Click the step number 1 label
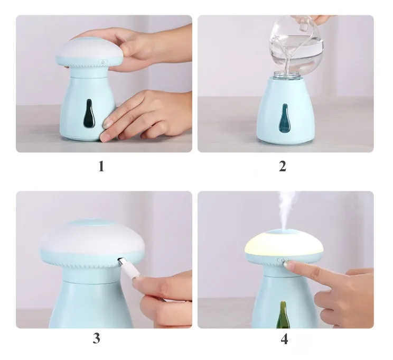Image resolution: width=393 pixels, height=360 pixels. pos(101,167)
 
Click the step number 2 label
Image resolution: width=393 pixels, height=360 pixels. pos(283,167)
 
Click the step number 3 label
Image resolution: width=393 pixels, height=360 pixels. pos(97,338)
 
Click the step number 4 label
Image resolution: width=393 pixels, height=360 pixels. pos(284,339)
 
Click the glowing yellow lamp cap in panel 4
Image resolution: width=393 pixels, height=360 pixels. pos(284,242)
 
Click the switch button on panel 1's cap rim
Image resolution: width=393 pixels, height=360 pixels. pos(102,62)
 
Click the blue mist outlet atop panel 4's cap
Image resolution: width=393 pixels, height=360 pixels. pos(284,232)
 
